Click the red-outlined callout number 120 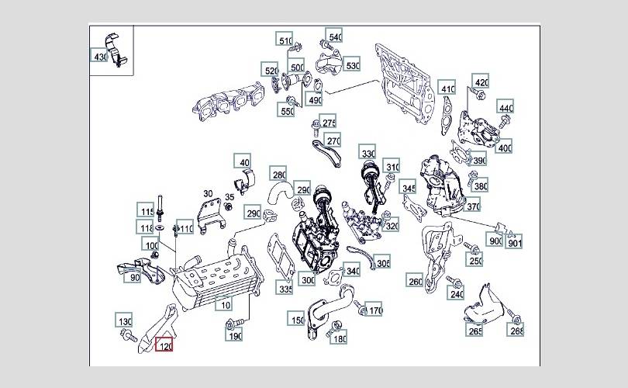164,345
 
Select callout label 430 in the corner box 101,57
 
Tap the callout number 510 285,41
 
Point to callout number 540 335,36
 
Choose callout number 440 506,108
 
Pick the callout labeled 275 330,123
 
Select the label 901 516,241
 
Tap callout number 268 516,331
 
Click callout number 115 147,210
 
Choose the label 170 375,311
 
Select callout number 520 271,71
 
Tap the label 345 409,188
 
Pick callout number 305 383,263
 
